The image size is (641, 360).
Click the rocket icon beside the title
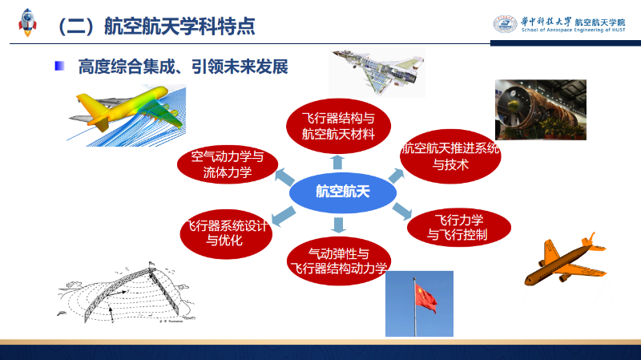27,22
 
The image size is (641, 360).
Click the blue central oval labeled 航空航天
343,192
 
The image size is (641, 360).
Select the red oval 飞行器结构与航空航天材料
338,126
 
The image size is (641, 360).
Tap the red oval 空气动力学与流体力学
228,164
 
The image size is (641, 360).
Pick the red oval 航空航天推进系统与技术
450,156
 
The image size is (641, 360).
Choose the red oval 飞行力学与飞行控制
458,228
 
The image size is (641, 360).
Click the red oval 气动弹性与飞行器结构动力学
339,261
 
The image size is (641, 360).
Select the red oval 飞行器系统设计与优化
226,233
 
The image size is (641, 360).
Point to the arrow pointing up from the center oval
337,162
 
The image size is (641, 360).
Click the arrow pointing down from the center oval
338,225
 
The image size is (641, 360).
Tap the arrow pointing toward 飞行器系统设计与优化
283,216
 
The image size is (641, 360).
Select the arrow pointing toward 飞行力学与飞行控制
402,211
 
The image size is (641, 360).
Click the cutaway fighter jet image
377,72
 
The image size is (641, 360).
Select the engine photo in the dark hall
540,110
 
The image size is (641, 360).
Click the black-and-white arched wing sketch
127,293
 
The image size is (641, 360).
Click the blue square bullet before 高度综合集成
59,66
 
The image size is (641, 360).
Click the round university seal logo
505,24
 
